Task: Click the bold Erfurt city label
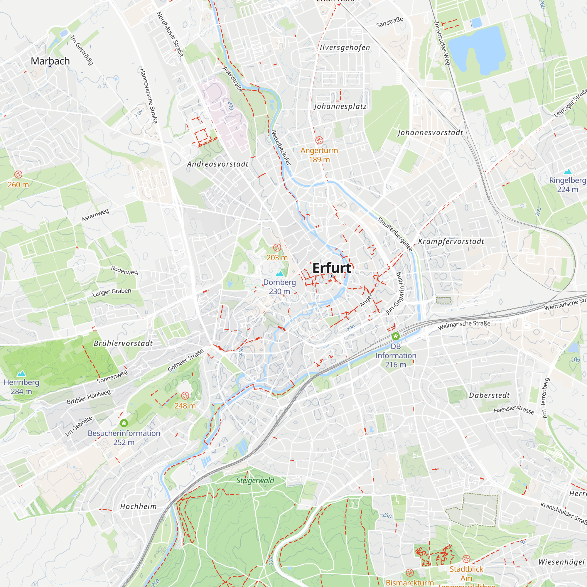(x=331, y=268)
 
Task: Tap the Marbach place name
(x=50, y=61)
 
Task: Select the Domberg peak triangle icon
(x=279, y=274)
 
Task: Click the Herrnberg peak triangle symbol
(x=21, y=374)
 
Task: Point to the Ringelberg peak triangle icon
(x=567, y=172)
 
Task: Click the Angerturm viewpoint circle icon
(x=319, y=140)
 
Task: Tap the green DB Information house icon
(x=395, y=336)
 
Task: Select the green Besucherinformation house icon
(x=124, y=423)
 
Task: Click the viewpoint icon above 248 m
(x=185, y=396)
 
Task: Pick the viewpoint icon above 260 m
(x=18, y=174)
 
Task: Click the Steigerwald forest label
(x=255, y=480)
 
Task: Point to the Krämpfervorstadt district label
(x=451, y=242)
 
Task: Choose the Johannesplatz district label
(x=340, y=106)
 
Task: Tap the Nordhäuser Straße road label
(x=170, y=34)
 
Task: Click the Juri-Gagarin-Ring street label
(x=396, y=293)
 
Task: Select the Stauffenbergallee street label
(x=395, y=235)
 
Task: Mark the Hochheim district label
(x=138, y=507)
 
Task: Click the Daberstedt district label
(x=489, y=395)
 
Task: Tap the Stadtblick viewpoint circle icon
(x=466, y=559)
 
